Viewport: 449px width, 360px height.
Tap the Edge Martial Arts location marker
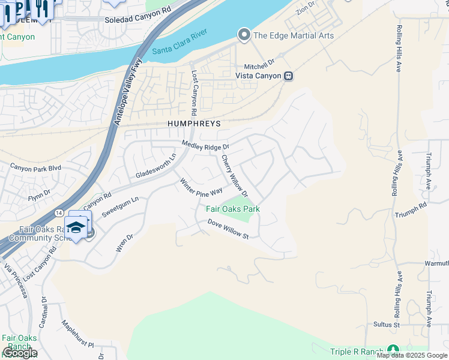click(244, 35)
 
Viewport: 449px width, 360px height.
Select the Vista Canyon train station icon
click(289, 76)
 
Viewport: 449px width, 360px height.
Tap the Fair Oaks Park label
click(233, 209)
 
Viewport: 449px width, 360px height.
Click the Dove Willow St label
click(228, 229)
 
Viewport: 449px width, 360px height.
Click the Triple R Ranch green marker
click(393, 349)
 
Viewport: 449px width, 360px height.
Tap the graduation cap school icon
click(76, 227)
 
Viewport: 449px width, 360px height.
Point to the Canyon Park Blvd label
click(36, 168)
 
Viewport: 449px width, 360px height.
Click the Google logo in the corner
click(19, 353)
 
